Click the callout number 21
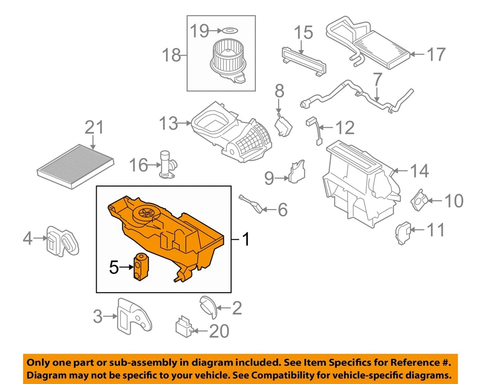click(x=95, y=128)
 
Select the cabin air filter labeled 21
click(x=76, y=165)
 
